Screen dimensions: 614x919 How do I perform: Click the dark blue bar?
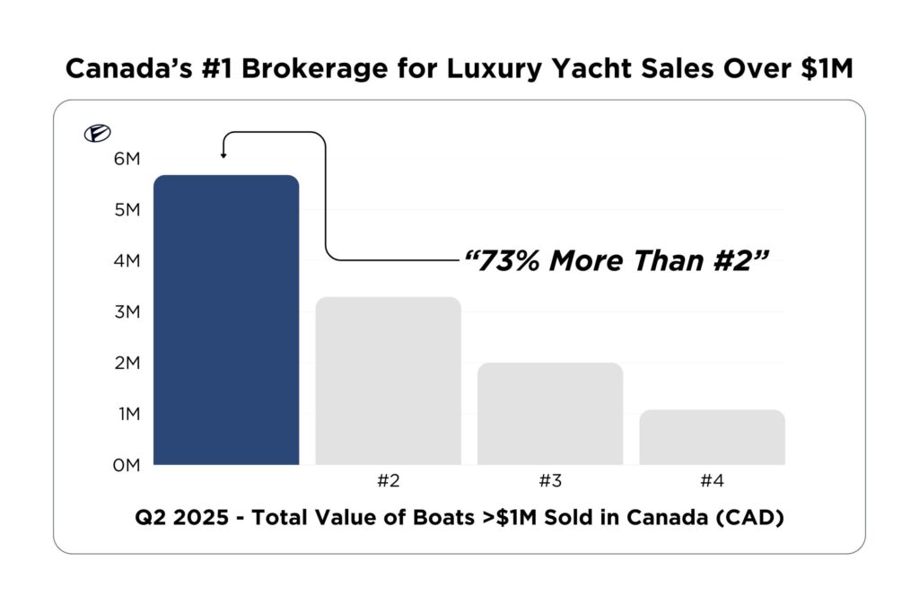(x=226, y=320)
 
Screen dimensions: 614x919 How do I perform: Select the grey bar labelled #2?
(x=388, y=381)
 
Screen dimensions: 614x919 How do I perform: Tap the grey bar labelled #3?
(x=550, y=414)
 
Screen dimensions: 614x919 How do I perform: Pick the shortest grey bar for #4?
(x=712, y=437)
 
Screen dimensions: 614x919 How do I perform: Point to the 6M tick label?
(x=127, y=159)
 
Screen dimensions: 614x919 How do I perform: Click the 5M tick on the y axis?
(x=127, y=210)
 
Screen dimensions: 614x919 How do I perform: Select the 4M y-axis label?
(x=127, y=261)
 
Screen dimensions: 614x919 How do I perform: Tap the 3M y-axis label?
(x=127, y=312)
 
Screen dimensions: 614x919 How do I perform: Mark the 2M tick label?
(x=127, y=364)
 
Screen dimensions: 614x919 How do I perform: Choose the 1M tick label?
(x=127, y=415)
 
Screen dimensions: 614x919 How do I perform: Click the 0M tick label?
(x=127, y=465)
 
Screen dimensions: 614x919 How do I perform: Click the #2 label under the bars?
(x=388, y=480)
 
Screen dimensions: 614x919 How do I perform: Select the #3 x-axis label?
(x=550, y=480)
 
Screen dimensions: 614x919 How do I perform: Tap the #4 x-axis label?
(x=712, y=480)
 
